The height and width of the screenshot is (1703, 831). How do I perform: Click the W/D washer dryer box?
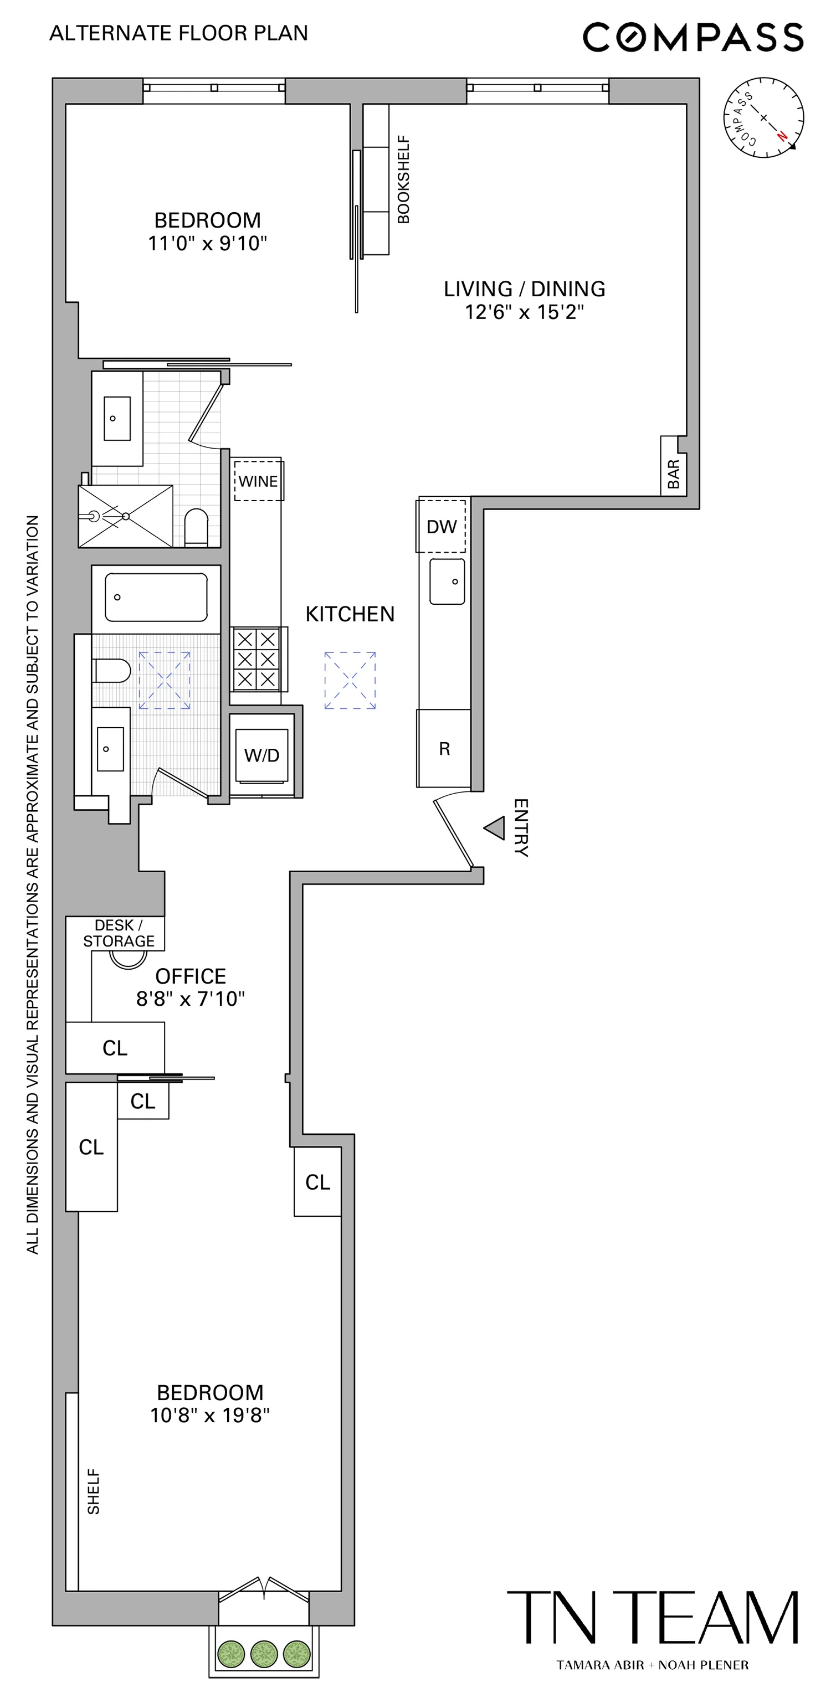pos(262,755)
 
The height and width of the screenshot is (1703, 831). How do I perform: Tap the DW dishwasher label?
pos(442,527)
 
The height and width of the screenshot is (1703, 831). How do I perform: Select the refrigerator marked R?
pos(444,748)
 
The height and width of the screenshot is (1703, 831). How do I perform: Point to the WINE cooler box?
pos(258,481)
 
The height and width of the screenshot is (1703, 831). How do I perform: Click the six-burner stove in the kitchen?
pos(257,659)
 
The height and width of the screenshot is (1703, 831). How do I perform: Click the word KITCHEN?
pos(350,614)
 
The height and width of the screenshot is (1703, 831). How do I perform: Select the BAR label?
pos(674,474)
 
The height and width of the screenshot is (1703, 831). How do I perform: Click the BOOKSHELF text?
pos(403,179)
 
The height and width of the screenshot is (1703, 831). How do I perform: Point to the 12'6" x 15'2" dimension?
pos(524,312)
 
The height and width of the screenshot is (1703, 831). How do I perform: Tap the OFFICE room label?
pos(191,976)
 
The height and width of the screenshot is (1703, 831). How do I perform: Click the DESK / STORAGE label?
pos(119,933)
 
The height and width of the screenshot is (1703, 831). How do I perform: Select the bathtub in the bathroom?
pos(156,597)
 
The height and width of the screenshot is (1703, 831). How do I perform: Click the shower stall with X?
pos(125,516)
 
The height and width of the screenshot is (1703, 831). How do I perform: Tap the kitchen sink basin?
pos(447,582)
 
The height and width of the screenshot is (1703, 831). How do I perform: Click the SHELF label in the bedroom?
pos(94,1492)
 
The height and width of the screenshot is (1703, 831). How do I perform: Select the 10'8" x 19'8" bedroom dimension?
pos(209,1415)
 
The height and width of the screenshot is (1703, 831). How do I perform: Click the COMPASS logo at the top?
pos(693,37)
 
